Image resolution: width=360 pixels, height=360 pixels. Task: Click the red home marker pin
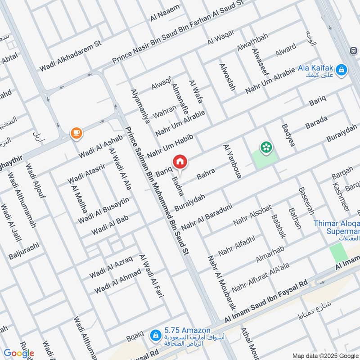pos(180,162)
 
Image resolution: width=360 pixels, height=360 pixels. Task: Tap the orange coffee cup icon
pos(76,132)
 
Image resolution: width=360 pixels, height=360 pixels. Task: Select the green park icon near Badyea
pos(266,146)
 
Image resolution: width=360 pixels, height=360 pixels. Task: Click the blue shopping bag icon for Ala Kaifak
pos(342,69)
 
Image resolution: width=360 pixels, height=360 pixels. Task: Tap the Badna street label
pos(179,186)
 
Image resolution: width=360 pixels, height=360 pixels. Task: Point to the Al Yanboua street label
pos(232,162)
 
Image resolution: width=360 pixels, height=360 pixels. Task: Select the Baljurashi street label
pos(25,251)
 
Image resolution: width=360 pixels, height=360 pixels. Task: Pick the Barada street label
pos(317,122)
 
